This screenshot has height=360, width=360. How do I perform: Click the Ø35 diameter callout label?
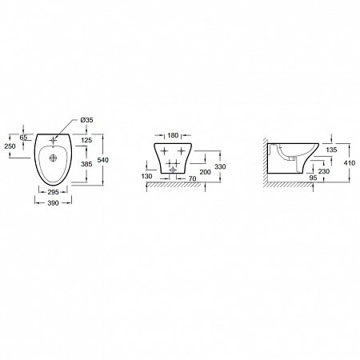[x=86, y=120]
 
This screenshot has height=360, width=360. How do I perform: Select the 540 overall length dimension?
[x=103, y=160]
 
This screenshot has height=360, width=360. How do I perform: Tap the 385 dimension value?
[x=86, y=164]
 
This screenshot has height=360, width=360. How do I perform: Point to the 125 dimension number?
[x=86, y=140]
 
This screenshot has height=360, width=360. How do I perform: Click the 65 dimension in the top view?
[x=23, y=138]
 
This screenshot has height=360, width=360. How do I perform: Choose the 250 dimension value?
[x=10, y=146]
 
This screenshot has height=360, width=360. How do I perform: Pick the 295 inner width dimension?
[x=53, y=192]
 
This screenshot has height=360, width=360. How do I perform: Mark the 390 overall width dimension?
[x=53, y=203]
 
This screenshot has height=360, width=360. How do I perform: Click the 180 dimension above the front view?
[x=173, y=135]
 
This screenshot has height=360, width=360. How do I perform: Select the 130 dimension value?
[x=147, y=176]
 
